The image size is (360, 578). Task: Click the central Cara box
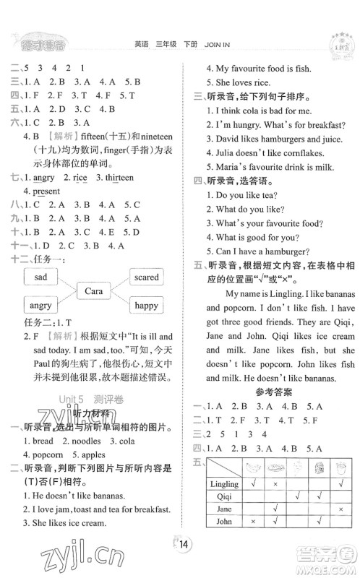tap(93, 291)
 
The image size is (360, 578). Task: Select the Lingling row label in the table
tap(223, 483)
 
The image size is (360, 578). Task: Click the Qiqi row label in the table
tap(223, 497)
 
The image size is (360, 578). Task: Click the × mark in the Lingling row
tap(275, 483)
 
